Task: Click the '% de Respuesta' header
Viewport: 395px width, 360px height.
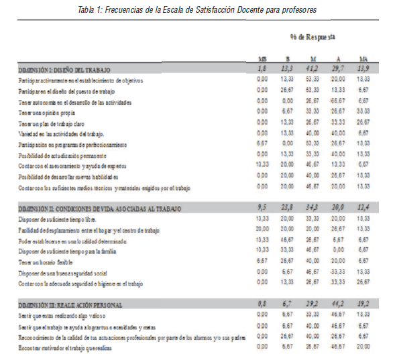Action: pyautogui.click(x=313, y=37)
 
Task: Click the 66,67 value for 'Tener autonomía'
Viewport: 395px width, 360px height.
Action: pyautogui.click(x=337, y=101)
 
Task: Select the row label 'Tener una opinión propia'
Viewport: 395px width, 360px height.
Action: pyautogui.click(x=44, y=112)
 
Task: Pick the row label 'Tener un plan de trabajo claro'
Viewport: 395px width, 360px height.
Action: pyautogui.click(x=51, y=123)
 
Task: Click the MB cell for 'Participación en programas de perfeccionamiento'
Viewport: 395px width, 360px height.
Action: pyautogui.click(x=262, y=143)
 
